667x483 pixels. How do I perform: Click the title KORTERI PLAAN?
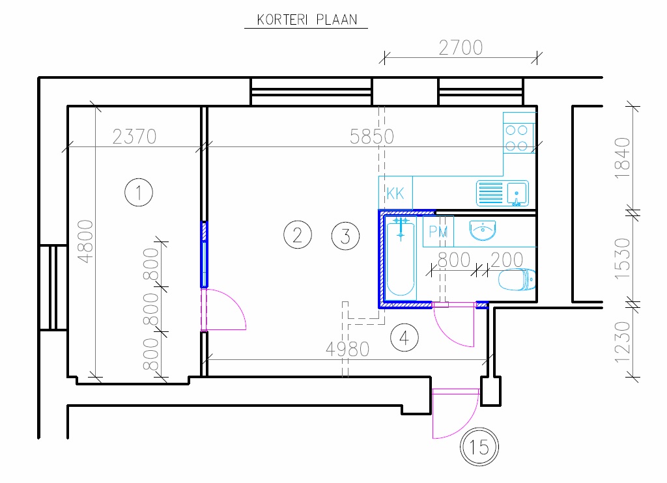point(307,20)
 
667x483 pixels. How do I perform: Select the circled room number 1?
point(139,193)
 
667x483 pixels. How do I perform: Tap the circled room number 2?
point(297,235)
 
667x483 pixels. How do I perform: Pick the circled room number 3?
point(345,236)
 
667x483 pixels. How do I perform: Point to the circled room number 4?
point(404,338)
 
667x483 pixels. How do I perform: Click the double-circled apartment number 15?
point(479,447)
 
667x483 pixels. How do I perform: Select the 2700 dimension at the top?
point(461,48)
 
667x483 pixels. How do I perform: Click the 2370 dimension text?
point(134,137)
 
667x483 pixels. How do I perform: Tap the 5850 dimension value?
point(372,137)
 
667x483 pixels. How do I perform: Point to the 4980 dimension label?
point(348,350)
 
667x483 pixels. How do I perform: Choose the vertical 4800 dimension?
point(85,241)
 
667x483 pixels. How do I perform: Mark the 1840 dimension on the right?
point(622,158)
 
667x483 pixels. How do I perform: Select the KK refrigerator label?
point(395,193)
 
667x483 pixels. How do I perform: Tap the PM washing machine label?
point(438,232)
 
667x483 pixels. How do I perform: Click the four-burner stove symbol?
point(519,133)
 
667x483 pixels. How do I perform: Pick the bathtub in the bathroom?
point(401,257)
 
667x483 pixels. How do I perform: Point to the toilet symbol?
point(517,280)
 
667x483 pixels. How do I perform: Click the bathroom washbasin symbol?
point(483,230)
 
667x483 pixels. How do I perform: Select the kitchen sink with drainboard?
point(502,193)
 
